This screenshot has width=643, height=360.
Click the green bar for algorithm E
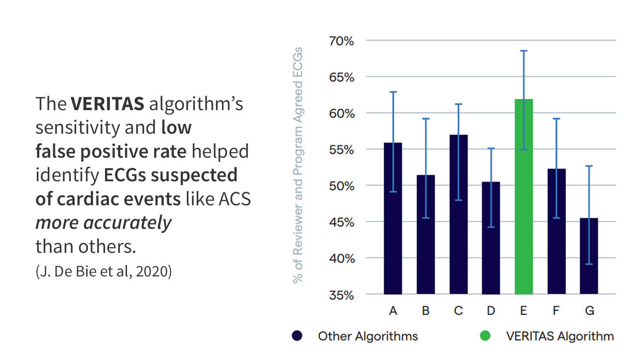pyautogui.click(x=523, y=197)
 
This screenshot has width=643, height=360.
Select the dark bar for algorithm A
pyautogui.click(x=393, y=219)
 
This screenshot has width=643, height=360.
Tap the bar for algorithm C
pyautogui.click(x=458, y=214)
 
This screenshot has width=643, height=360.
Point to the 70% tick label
pyautogui.click(x=341, y=41)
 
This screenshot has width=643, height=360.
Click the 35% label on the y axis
pyautogui.click(x=341, y=295)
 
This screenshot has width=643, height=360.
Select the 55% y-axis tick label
pyautogui.click(x=341, y=150)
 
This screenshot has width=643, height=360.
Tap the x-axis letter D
pyautogui.click(x=491, y=311)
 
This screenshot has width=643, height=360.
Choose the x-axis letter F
pyautogui.click(x=556, y=311)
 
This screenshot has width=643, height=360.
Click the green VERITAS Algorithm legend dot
pyautogui.click(x=485, y=336)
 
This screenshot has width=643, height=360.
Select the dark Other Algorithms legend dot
pyautogui.click(x=297, y=336)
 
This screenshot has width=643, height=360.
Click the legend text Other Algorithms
pyautogui.click(x=368, y=336)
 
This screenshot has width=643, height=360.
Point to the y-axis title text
pyautogui.click(x=297, y=165)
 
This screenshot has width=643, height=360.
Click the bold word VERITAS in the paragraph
pyautogui.click(x=107, y=104)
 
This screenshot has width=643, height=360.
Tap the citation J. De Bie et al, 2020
pyautogui.click(x=104, y=271)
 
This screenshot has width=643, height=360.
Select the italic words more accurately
pyautogui.click(x=103, y=223)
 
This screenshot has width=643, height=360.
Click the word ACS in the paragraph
pyautogui.click(x=234, y=199)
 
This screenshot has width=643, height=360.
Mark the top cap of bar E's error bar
pyautogui.click(x=523, y=51)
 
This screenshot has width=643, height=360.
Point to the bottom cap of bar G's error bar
pyautogui.click(x=589, y=264)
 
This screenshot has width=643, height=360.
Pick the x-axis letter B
pyautogui.click(x=426, y=311)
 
